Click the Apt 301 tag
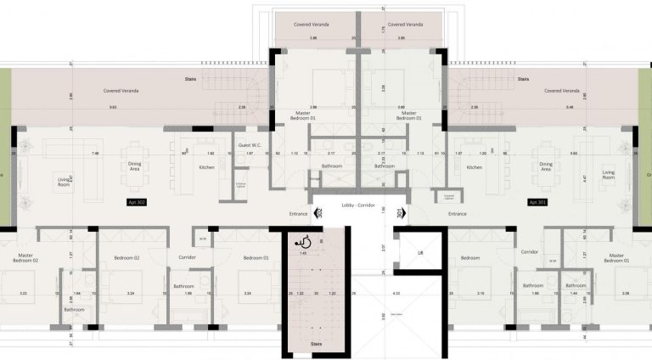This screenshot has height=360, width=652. pyautogui.click(x=537, y=203)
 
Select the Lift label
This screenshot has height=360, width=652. pyautogui.click(x=420, y=252)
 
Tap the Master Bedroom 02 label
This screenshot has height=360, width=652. pyautogui.click(x=16, y=259)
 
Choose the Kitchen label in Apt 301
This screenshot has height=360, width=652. pyautogui.click(x=475, y=168)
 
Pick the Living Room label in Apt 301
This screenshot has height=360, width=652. pyautogui.click(x=609, y=175)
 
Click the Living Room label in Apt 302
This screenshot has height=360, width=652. pyautogui.click(x=65, y=181)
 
